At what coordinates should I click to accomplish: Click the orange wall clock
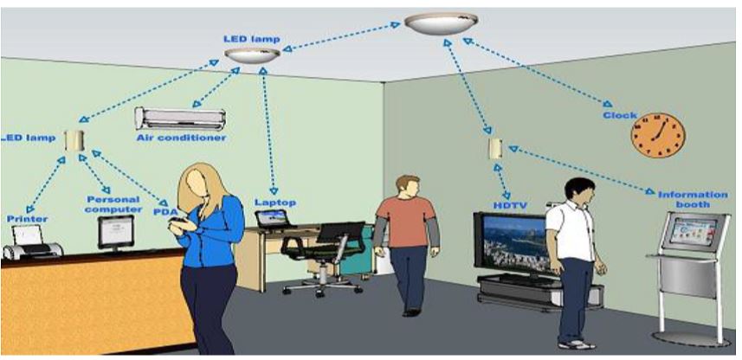coord(658,135)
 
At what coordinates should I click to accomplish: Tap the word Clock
coord(620,115)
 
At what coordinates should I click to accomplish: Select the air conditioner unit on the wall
coord(180,119)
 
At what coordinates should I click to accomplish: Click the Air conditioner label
coord(181,138)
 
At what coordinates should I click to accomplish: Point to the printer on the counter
coord(32,242)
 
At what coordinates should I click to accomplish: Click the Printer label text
coord(27,219)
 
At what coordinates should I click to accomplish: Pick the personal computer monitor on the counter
coord(116,232)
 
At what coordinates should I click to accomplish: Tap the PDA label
coord(165,211)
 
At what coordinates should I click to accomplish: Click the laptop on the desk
coord(274,219)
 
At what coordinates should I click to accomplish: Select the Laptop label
coord(275,202)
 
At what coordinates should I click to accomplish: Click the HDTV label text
coord(510,206)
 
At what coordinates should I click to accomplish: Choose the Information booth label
coord(693,200)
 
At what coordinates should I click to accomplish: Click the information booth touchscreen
coord(693,231)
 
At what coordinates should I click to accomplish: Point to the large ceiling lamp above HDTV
coord(441,23)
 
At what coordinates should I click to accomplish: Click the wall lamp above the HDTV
coord(495,149)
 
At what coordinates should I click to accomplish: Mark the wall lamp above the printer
coord(74,140)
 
